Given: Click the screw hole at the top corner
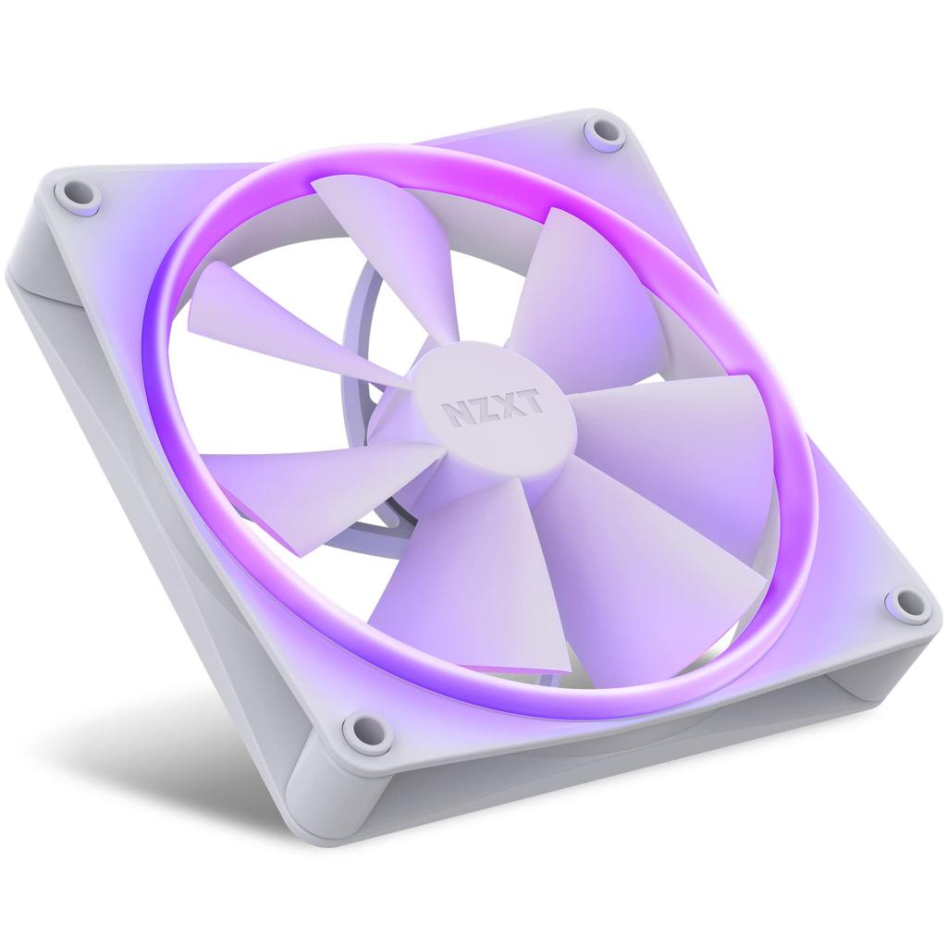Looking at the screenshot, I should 607,130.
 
